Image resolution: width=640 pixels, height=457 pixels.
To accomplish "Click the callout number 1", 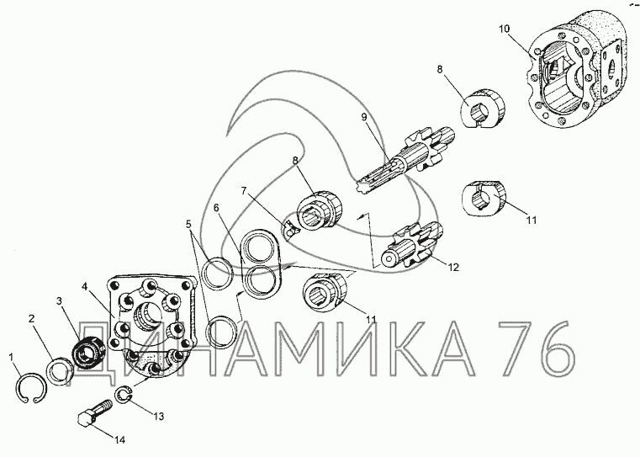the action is click(x=12, y=358).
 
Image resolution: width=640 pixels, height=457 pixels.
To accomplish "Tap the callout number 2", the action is click(x=32, y=319).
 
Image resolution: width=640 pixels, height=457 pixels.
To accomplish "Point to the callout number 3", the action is click(x=60, y=301).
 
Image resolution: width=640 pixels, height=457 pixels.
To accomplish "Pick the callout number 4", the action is click(x=84, y=287).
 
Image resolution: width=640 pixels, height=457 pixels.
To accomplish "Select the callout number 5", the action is click(x=188, y=224).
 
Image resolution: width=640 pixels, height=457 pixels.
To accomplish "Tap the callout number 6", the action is click(x=216, y=208).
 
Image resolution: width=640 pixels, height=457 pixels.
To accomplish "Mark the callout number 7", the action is click(x=244, y=190).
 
